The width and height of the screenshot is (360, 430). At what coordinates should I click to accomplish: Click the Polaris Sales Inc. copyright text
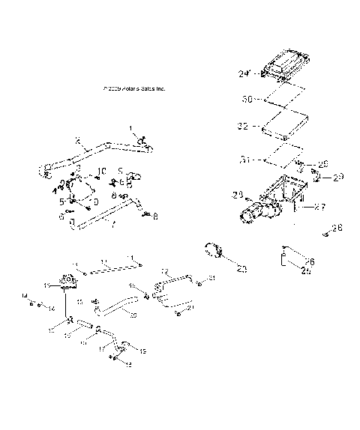click(134, 88)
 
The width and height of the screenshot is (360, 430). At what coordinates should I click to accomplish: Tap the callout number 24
click(244, 73)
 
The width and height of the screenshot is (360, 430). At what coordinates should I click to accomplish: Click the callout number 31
click(244, 158)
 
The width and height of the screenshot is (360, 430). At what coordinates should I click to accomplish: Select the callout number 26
click(310, 261)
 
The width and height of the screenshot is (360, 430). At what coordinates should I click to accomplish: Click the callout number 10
click(103, 170)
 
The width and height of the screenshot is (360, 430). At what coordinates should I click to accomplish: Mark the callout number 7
click(112, 224)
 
